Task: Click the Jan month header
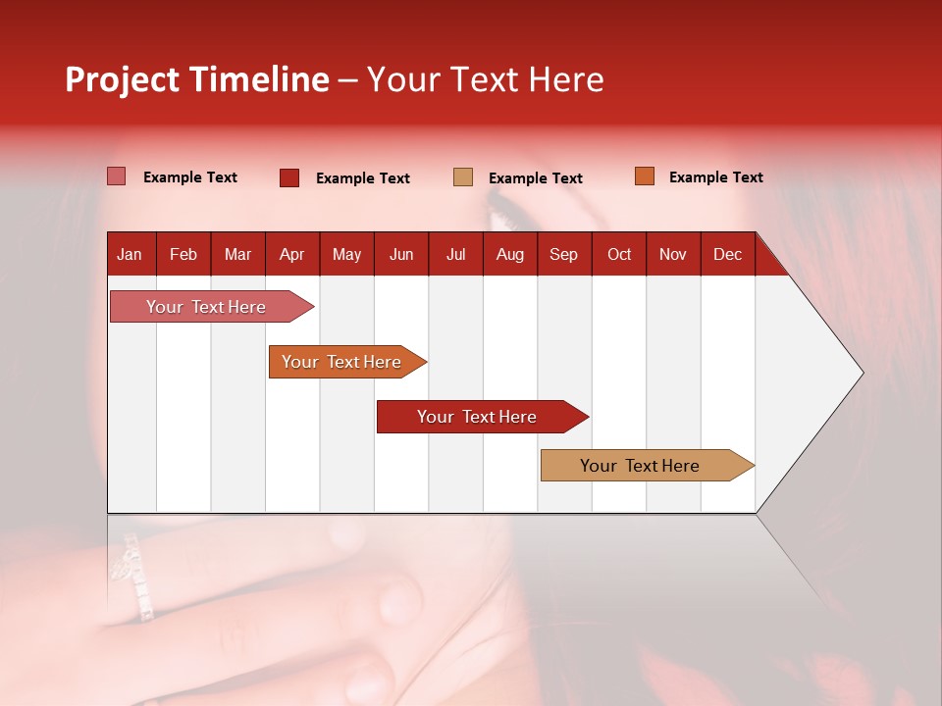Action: pyautogui.click(x=130, y=254)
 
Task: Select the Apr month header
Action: pyautogui.click(x=291, y=254)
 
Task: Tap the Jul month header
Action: pyautogui.click(x=455, y=254)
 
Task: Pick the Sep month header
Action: pyautogui.click(x=563, y=254)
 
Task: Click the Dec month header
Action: pyautogui.click(x=727, y=254)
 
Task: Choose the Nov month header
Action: pyautogui.click(x=672, y=254)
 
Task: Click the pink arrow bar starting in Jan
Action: pyautogui.click(x=207, y=307)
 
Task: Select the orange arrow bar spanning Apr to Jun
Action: pyautogui.click(x=342, y=362)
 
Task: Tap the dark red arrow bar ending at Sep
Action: pyautogui.click(x=477, y=417)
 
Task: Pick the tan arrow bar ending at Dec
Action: pyautogui.click(x=641, y=466)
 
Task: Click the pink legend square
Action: pyautogui.click(x=117, y=176)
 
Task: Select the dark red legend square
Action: pyautogui.click(x=289, y=177)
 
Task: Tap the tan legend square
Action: pyautogui.click(x=463, y=177)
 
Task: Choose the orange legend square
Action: pyautogui.click(x=644, y=176)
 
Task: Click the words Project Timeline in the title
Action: pyautogui.click(x=196, y=79)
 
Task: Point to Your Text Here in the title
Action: pyautogui.click(x=486, y=79)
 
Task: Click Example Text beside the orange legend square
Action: pyautogui.click(x=715, y=176)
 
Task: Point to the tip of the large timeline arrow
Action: pyautogui.click(x=862, y=373)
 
